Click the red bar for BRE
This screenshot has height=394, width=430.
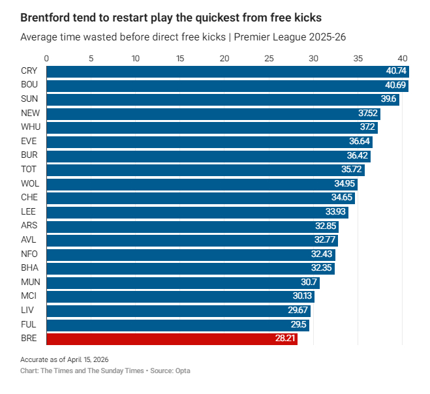coord(172,339)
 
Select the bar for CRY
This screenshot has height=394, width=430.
coord(227,71)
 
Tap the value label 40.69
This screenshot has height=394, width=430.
coord(395,85)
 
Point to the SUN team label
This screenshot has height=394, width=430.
coord(29,99)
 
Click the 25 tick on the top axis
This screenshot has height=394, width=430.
coord(269,58)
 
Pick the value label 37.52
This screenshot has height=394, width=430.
coord(367,114)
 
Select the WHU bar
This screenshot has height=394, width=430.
coord(212,127)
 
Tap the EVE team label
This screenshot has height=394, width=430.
coord(29,142)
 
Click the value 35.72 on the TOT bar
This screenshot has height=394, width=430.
coord(352,170)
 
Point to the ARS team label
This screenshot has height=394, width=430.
coord(29,226)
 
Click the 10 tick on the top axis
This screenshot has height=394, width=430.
coord(136,58)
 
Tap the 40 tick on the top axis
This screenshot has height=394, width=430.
coord(403,58)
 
